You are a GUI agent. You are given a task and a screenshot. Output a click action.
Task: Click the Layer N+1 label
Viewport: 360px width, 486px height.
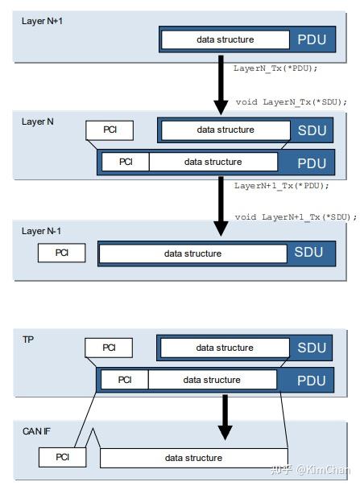point(42,19)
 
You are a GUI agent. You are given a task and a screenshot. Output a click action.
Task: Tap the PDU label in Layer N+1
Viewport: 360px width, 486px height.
point(312,39)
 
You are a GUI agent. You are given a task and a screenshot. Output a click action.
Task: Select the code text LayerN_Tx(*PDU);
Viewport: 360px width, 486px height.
point(276,68)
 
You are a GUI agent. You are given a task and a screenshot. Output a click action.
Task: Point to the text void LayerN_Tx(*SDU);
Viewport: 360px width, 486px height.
point(291,101)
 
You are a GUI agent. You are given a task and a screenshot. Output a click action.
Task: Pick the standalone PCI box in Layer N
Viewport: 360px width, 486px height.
point(110,130)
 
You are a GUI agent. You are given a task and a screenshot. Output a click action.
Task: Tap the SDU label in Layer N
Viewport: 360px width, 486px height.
point(312,130)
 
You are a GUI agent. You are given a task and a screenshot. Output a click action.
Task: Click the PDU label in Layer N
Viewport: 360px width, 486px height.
point(312,163)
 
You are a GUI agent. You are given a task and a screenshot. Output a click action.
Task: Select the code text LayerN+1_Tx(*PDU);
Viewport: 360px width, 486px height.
point(282,185)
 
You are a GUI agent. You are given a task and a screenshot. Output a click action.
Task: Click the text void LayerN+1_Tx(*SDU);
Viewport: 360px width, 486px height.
point(296,217)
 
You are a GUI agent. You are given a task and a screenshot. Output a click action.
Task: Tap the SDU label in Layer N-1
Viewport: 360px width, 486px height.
point(308,253)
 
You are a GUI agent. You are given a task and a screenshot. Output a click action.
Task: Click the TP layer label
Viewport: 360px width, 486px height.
point(28,340)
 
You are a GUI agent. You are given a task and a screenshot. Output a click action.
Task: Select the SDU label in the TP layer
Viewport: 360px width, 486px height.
point(312,348)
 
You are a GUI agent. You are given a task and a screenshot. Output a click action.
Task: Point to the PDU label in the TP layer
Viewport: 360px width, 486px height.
point(312,380)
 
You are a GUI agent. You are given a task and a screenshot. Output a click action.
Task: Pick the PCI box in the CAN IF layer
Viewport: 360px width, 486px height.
point(62,457)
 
